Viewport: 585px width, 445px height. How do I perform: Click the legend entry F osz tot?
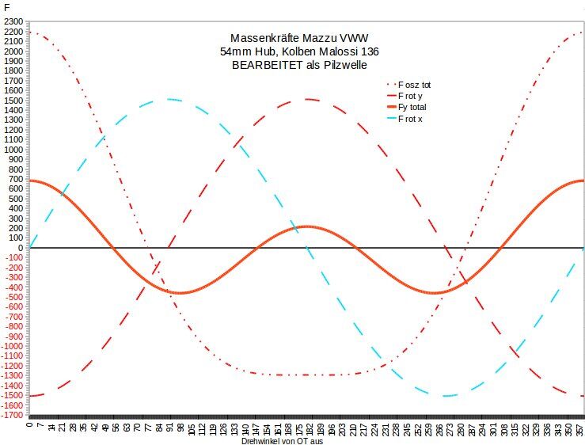[x=414, y=84]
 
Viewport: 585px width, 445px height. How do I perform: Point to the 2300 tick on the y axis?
[x=13, y=22]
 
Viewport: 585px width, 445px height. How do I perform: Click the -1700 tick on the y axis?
[x=13, y=414]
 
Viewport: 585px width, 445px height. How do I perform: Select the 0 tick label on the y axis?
[x=21, y=248]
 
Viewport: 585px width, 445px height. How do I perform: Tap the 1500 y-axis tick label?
[x=13, y=101]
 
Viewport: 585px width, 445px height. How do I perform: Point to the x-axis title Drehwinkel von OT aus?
[x=283, y=440]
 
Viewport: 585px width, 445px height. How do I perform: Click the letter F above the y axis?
[x=7, y=7]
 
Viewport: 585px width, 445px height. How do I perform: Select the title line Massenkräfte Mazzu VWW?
[x=299, y=38]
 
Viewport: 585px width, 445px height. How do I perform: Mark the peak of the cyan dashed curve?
[x=169, y=100]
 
